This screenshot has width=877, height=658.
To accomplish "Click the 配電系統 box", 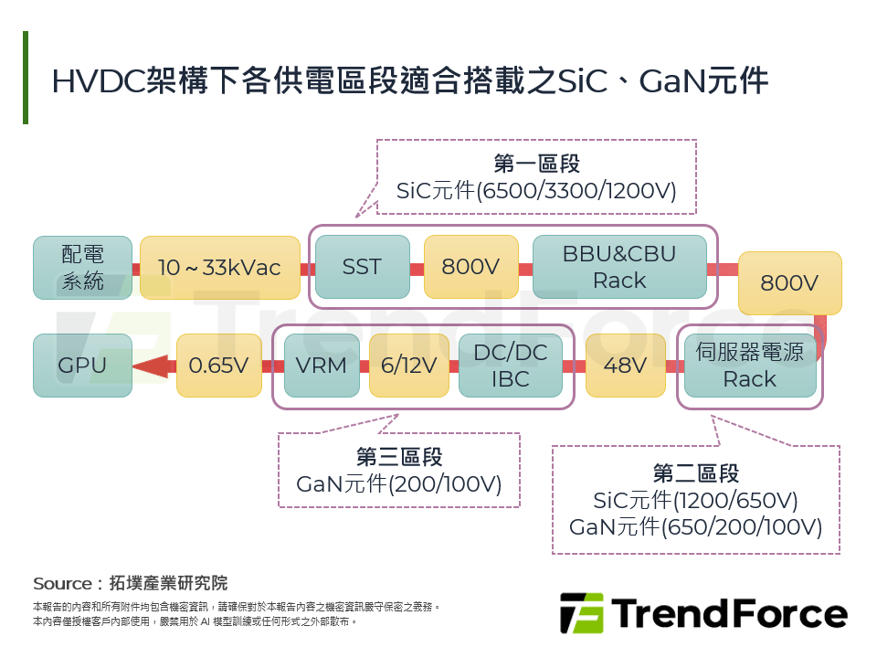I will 82,268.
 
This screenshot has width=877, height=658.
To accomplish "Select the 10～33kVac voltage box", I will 219,268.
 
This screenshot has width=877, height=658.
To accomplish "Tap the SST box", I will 362,267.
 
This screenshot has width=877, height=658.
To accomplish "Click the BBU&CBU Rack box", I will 619,267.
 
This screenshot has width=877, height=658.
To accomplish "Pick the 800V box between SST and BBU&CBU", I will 470,267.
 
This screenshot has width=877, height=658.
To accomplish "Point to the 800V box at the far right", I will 789,283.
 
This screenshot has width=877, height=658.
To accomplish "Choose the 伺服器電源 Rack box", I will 749,366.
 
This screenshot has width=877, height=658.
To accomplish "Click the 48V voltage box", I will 626,366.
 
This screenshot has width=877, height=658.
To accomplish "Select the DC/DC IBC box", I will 510,366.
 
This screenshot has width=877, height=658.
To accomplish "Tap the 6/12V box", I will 408,366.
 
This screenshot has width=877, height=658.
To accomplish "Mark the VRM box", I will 322,366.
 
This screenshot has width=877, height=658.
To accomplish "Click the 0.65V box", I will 218,366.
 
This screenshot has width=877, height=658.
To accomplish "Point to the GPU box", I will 82,366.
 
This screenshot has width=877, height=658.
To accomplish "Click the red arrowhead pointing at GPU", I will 152,366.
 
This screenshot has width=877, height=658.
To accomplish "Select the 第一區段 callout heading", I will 536,164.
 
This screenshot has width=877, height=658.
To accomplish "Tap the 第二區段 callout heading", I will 695,473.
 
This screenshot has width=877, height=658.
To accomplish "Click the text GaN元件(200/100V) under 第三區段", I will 399,484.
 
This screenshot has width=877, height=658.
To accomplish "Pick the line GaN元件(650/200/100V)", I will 695,527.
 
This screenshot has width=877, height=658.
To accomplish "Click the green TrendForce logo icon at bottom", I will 581,613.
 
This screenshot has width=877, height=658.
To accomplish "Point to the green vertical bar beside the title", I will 26,78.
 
